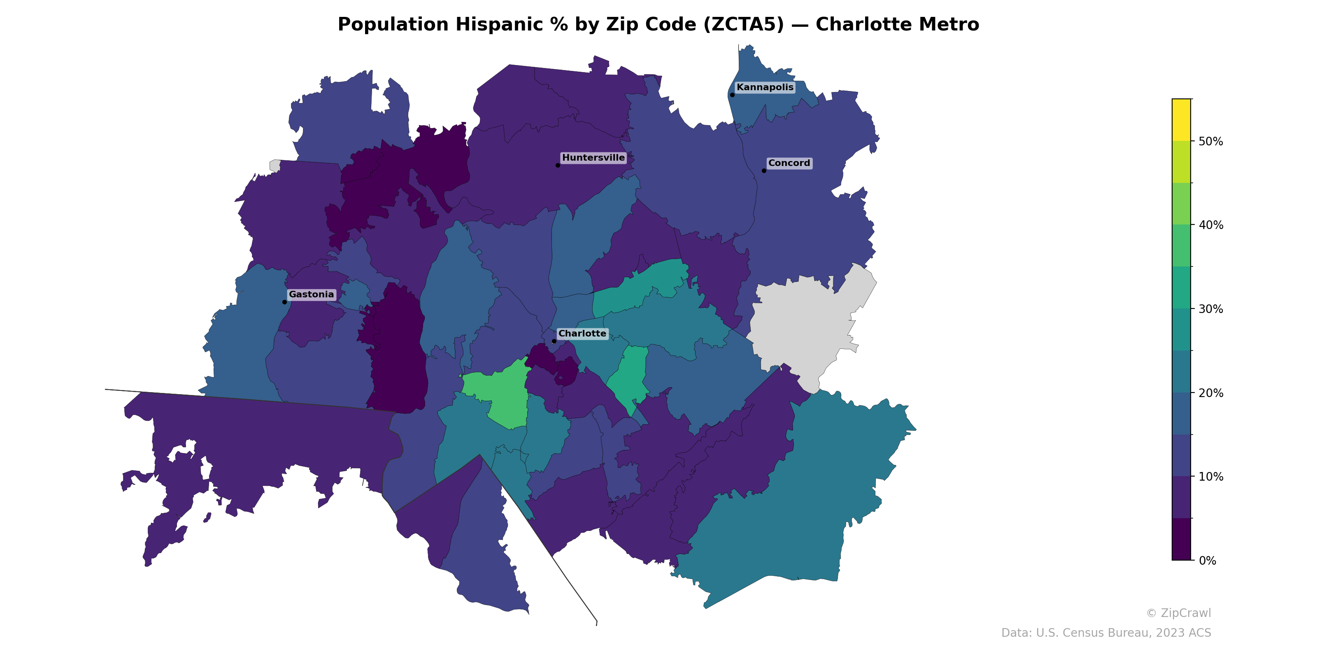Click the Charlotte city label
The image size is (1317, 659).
point(582,334)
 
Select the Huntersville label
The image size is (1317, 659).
point(593,158)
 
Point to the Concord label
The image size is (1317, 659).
point(789,163)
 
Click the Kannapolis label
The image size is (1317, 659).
point(765,87)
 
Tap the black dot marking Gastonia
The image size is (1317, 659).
point(285,302)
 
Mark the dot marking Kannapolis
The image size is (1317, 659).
point(732,95)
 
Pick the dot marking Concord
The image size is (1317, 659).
point(764,171)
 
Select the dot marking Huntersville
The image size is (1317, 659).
point(558,165)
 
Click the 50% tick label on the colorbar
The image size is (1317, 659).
point(1211,142)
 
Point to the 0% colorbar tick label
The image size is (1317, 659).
point(1207,561)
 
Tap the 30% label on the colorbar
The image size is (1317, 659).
point(1211,309)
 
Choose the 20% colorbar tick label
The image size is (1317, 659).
point(1211,393)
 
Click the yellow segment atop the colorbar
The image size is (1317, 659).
point(1181,120)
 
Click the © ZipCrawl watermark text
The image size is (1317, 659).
point(1178,613)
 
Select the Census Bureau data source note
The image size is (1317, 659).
point(1106,633)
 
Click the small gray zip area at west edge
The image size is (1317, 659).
point(275,166)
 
